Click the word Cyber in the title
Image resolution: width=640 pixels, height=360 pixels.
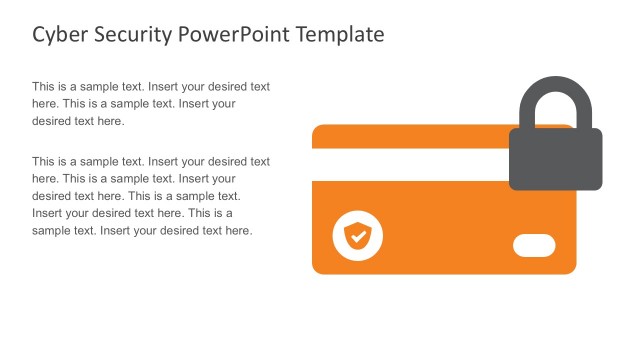tap(58, 35)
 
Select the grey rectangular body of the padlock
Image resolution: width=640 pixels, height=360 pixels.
tap(555, 159)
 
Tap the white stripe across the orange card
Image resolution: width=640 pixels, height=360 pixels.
tap(410, 163)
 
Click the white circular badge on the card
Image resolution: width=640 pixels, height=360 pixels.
tap(357, 236)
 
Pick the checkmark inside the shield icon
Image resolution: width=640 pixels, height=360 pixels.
tap(357, 236)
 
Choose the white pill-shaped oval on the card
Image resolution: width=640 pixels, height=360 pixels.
tap(533, 245)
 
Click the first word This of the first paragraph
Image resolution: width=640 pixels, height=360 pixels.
tap(44, 87)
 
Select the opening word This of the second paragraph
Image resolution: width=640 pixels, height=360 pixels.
tap(44, 161)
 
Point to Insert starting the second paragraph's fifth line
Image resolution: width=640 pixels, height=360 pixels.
tap(49, 213)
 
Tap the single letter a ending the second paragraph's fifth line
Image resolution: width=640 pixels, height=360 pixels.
tap(229, 213)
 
